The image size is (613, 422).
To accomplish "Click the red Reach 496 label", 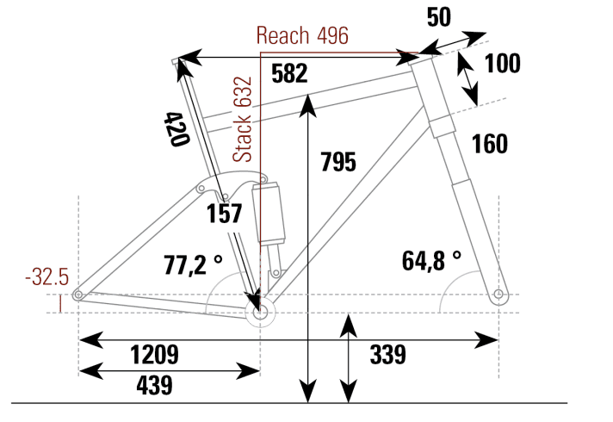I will click(302, 36).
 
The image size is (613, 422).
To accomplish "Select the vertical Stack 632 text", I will click(245, 119).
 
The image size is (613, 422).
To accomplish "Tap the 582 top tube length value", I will click(288, 73).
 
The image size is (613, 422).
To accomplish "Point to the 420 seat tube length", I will click(176, 129).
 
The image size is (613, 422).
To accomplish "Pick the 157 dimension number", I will click(225, 214).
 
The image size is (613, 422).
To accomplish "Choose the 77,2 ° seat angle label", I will click(193, 264).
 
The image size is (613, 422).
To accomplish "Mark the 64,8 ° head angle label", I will click(431, 259).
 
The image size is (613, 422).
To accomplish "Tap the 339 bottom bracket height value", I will click(387, 354).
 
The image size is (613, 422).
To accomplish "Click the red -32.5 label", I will click(47, 278).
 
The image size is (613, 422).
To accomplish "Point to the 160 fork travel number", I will click(490, 144).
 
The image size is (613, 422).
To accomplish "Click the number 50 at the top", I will click(438, 18).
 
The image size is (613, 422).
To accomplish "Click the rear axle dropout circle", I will click(78, 295).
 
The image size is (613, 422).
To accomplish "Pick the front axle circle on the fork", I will click(498, 295).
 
